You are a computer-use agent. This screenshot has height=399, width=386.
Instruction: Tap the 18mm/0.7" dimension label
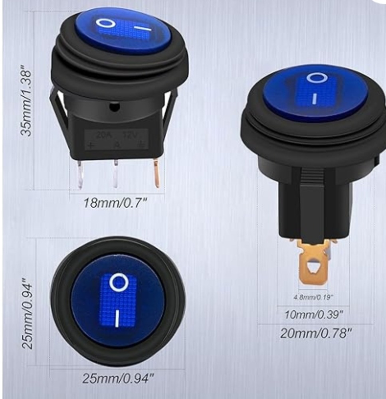[x=115, y=203]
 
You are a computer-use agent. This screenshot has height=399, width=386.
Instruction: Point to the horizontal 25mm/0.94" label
[x=118, y=378]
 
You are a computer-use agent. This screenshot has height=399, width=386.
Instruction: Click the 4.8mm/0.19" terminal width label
[x=313, y=296]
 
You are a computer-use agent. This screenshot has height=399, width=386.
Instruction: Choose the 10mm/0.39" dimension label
[x=314, y=315]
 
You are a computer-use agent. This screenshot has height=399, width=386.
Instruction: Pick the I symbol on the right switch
[x=315, y=98]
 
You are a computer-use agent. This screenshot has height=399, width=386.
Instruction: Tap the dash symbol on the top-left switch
[x=142, y=28]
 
